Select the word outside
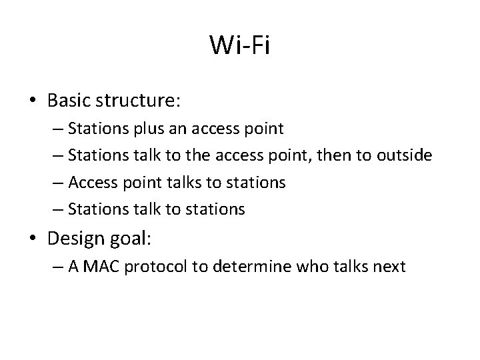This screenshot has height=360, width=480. pyautogui.click(x=405, y=155)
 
